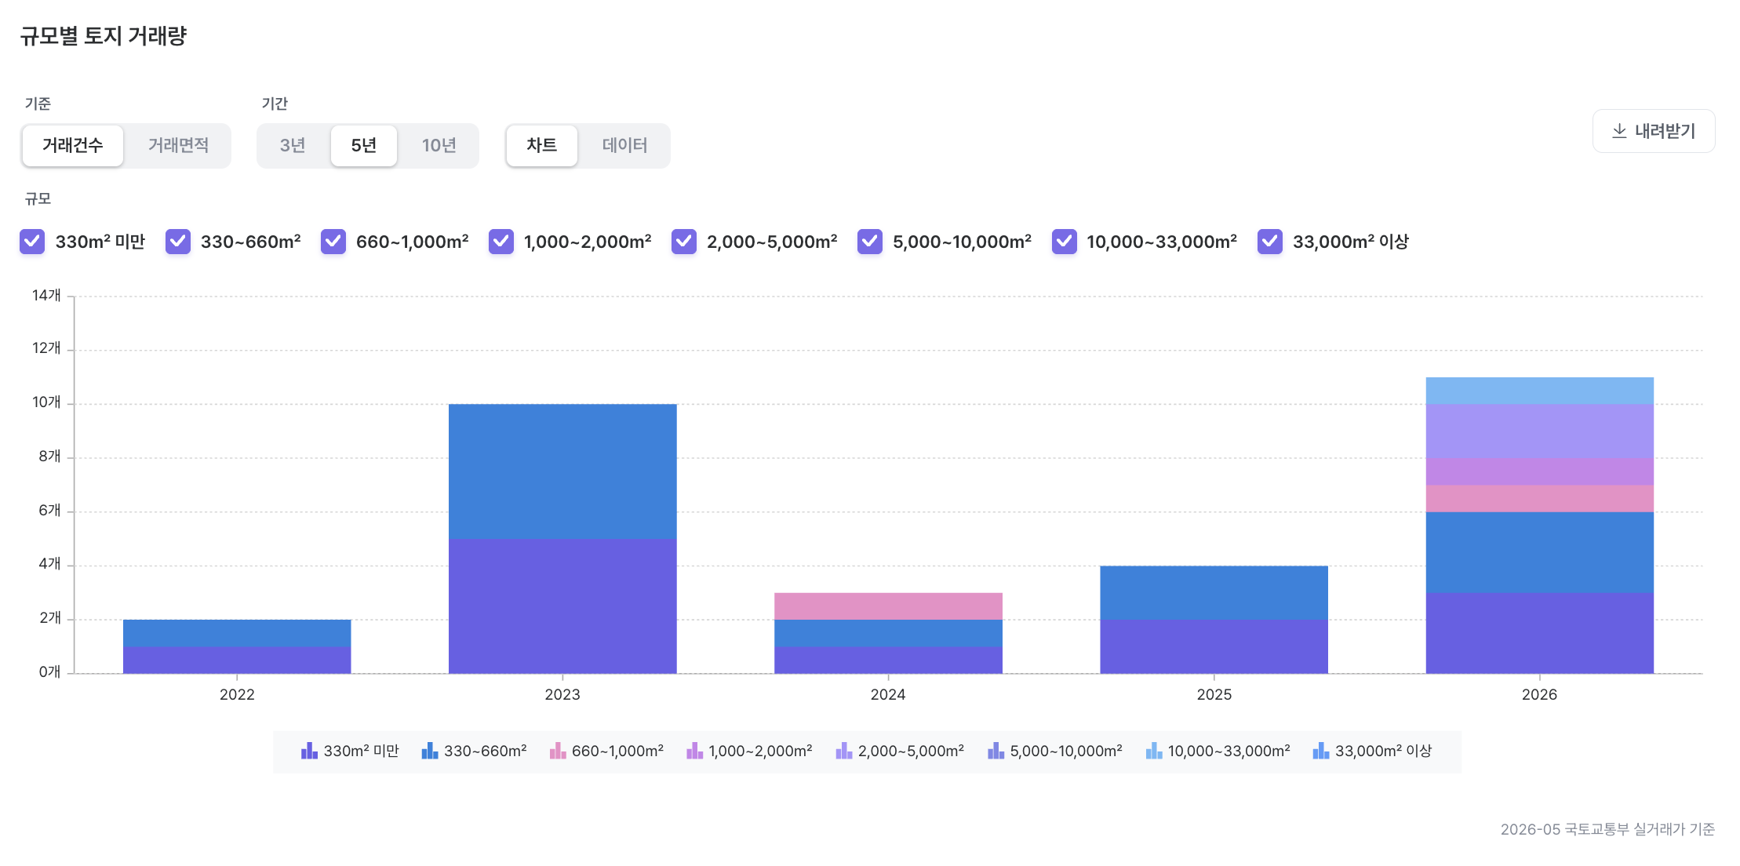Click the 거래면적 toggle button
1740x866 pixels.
click(178, 145)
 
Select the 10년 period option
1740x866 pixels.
click(439, 145)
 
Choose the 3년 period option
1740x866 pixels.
click(293, 145)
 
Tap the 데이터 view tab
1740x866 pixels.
click(624, 145)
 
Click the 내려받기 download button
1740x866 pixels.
click(1654, 131)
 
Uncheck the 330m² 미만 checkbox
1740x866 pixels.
click(32, 242)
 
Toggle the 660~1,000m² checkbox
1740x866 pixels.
click(333, 242)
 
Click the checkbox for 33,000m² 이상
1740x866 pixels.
click(1270, 242)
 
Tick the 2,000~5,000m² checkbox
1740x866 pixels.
click(684, 242)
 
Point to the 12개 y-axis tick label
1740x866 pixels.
click(46, 347)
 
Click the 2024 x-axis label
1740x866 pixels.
click(888, 694)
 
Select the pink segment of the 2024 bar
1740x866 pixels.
click(888, 606)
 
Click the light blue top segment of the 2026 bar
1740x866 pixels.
click(1539, 391)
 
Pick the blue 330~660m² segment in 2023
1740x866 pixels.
click(562, 471)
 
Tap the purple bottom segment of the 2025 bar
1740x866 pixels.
click(1214, 646)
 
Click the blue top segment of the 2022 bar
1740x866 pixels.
click(237, 633)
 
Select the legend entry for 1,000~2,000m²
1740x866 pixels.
click(749, 751)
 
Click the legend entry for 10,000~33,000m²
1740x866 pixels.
click(1218, 751)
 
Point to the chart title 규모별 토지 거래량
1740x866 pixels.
click(104, 36)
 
